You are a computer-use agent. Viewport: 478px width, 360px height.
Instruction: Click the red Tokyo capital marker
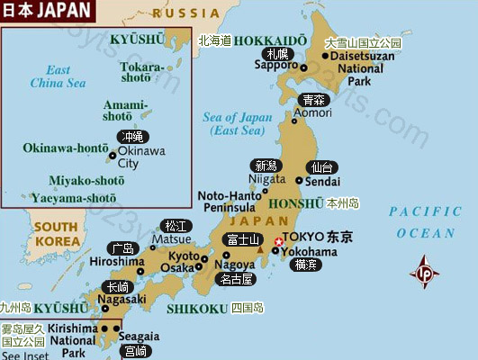coord(277,241)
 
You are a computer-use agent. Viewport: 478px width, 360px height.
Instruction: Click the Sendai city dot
coord(300,181)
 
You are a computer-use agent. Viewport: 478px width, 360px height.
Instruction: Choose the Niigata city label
coord(266,178)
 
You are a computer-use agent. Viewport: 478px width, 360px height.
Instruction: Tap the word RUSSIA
coord(185,13)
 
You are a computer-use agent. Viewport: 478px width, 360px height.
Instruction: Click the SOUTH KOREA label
coord(56,234)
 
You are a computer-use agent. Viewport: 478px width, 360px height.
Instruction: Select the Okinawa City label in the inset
coord(141,157)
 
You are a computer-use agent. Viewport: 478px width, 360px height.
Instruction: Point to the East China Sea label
coord(59,76)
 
